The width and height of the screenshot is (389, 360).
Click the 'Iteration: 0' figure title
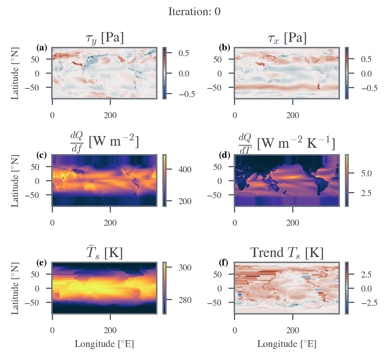194,12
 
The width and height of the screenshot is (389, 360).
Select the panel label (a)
42,47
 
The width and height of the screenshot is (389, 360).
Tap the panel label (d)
225,155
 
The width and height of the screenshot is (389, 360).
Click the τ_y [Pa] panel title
104,39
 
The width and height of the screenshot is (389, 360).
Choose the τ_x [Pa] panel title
287,39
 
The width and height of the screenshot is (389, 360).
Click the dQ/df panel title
104,142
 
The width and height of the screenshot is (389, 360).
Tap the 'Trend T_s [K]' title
287,253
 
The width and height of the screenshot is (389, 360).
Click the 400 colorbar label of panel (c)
185,170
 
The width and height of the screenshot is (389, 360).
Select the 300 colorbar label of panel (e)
185,267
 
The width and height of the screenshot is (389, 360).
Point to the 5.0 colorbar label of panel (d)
366,173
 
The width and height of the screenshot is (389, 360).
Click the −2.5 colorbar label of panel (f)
369,303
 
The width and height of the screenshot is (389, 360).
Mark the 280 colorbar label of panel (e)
185,300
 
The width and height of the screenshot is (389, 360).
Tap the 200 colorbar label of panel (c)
185,201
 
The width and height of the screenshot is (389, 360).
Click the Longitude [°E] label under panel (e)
104,344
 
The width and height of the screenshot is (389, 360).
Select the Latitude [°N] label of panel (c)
15,181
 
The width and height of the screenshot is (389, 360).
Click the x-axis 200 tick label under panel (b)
293,115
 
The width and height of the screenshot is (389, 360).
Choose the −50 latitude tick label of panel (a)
32,87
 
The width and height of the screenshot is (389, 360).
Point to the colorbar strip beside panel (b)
347,73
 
